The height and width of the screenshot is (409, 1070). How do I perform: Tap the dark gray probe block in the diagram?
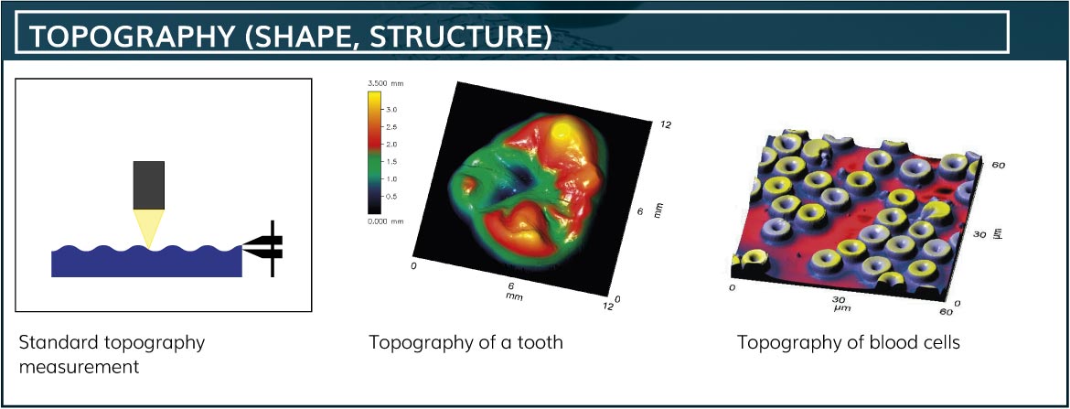[x=149, y=185]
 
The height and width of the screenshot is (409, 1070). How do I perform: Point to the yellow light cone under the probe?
[x=149, y=228]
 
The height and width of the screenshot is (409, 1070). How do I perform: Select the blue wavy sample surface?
[x=146, y=263]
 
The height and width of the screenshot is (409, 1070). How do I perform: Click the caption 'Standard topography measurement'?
[x=112, y=354]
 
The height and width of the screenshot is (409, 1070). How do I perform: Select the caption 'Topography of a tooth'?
[x=466, y=342]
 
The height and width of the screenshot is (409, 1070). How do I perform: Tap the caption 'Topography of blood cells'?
[x=848, y=342]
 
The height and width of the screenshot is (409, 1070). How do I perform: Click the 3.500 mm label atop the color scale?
[x=386, y=83]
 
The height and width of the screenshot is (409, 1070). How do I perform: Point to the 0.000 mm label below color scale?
[x=386, y=222]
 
